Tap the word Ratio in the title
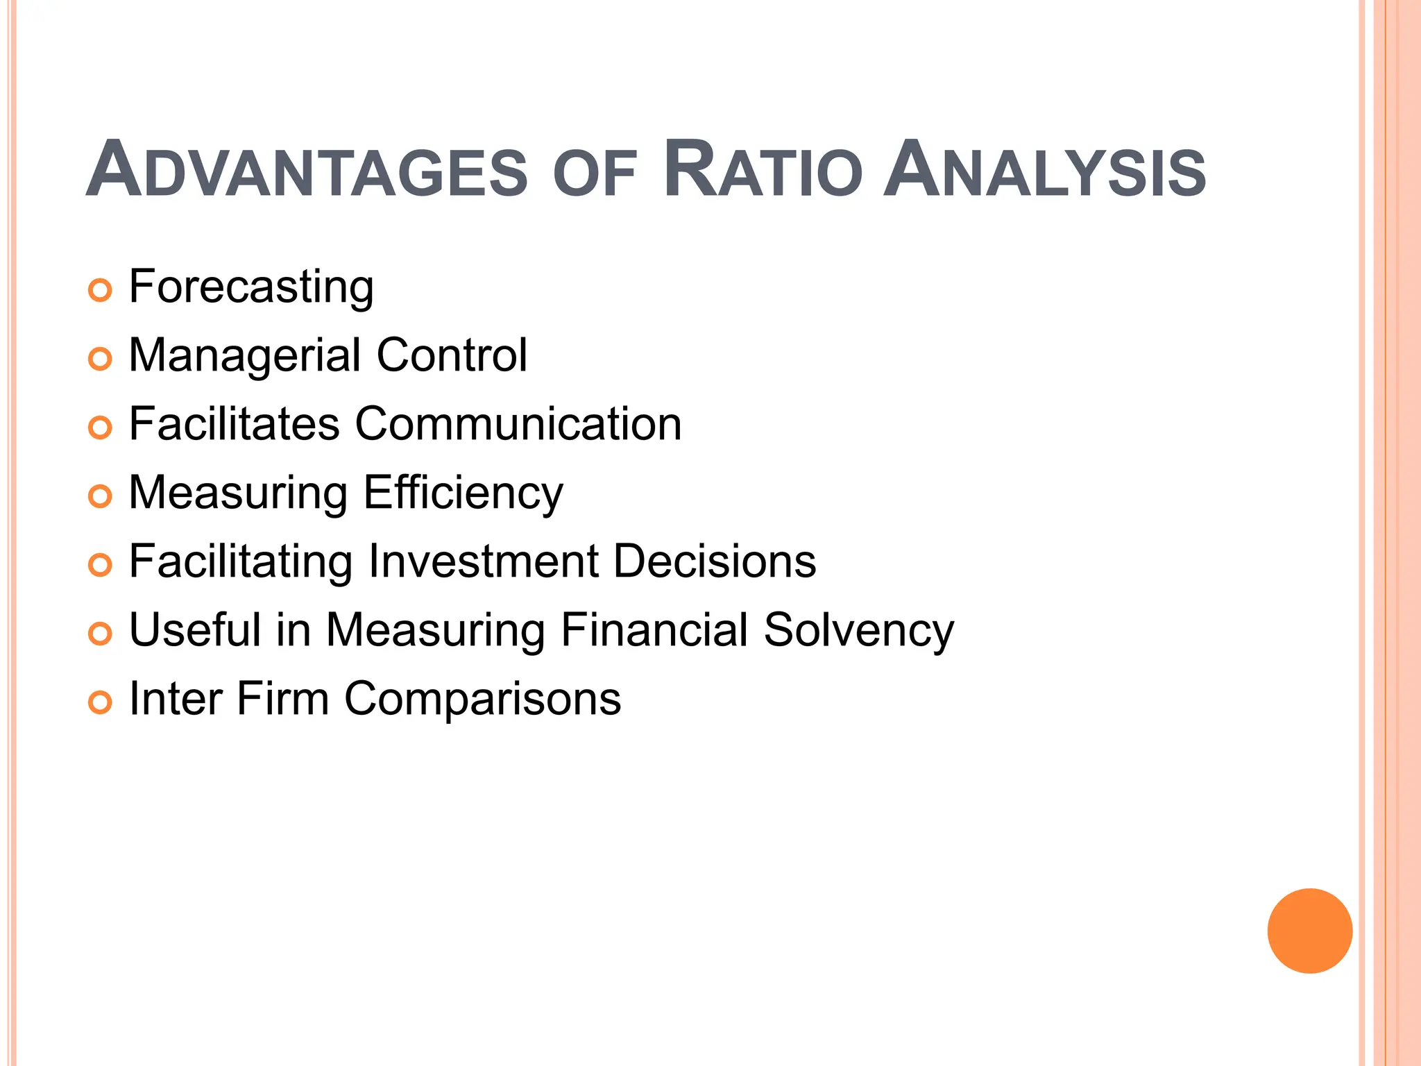click(x=763, y=169)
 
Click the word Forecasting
click(x=251, y=287)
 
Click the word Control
click(x=452, y=355)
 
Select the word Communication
click(x=518, y=423)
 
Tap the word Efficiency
click(x=463, y=493)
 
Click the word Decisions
click(x=715, y=561)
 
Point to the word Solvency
click(x=859, y=631)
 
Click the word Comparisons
click(x=483, y=699)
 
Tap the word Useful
click(x=194, y=629)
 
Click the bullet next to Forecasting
click(x=101, y=290)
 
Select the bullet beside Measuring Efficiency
click(x=101, y=496)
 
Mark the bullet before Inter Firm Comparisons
click(x=101, y=702)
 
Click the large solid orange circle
click(x=1309, y=931)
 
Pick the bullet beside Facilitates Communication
click(x=101, y=428)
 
